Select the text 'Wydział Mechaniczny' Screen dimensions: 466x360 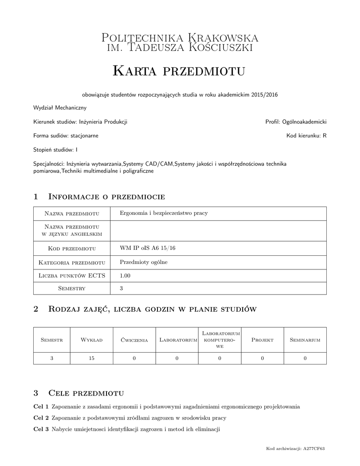tap(60, 108)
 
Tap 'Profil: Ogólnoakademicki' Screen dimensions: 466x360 tap(296, 122)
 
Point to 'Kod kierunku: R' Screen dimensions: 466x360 tap(306, 136)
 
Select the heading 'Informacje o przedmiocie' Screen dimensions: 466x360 tap(106, 197)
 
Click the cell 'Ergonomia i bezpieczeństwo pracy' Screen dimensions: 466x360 tap(163, 213)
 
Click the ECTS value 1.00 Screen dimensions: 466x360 tap(125, 275)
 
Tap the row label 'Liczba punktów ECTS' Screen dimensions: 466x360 tap(72, 275)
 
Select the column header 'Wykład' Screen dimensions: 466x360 tap(91, 340)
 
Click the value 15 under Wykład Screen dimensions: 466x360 tap(91, 359)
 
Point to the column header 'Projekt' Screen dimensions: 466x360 tap(262, 340)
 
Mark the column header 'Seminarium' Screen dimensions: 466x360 tap(305, 340)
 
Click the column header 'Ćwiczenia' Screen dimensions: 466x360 tap(134, 340)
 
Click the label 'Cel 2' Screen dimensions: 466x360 tap(41, 418)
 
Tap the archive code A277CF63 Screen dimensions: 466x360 tap(314, 449)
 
